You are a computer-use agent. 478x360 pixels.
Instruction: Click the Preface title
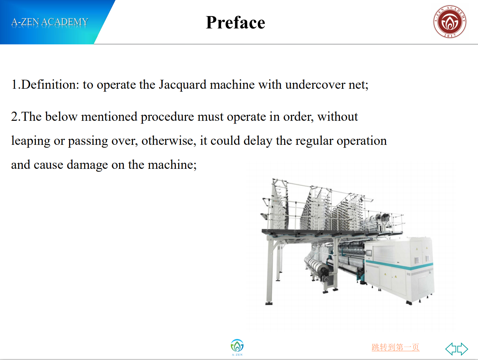[235, 23]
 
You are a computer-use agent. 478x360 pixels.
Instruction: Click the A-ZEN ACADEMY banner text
[50, 22]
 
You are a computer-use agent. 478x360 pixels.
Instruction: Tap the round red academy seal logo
[450, 22]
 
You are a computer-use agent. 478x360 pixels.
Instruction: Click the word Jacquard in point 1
[182, 85]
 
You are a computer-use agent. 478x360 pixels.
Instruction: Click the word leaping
[31, 141]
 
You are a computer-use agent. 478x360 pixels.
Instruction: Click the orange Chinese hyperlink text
[396, 347]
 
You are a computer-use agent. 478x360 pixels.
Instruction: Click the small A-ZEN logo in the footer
[237, 347]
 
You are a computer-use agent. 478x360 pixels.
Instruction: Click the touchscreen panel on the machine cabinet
[369, 253]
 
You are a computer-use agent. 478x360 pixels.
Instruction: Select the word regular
[314, 141]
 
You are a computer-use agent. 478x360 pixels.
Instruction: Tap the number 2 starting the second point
[14, 117]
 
